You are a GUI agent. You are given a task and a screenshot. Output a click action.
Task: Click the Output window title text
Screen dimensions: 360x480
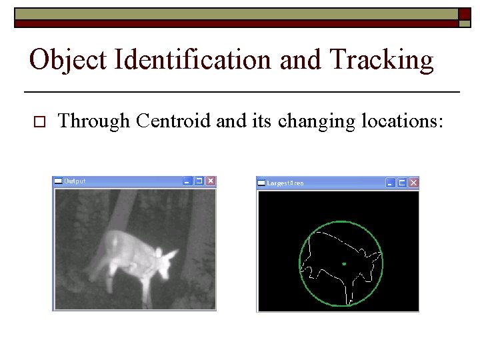(x=75, y=181)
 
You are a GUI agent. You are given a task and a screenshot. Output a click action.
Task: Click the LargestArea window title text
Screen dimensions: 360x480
(x=285, y=182)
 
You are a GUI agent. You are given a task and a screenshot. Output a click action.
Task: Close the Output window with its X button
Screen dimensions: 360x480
(x=210, y=181)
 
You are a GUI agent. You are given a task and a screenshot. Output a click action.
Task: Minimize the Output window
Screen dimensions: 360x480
(x=187, y=181)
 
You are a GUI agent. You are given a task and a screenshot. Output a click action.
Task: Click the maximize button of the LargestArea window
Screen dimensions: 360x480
(x=402, y=182)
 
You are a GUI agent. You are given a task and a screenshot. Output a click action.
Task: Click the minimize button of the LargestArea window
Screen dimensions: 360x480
(x=391, y=182)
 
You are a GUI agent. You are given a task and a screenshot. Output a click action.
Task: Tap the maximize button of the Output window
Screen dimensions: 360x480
(x=199, y=181)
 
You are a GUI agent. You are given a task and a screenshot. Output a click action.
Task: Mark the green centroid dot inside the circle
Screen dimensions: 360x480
(x=344, y=265)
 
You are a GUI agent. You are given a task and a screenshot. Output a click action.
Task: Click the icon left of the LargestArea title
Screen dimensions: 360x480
(x=261, y=182)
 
